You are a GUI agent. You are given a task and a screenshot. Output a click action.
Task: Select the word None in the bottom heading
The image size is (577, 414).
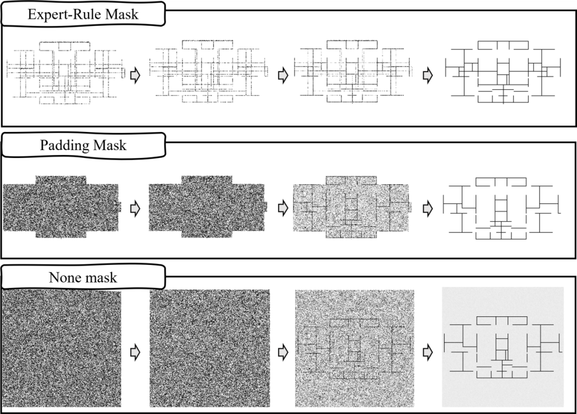[x=63, y=277]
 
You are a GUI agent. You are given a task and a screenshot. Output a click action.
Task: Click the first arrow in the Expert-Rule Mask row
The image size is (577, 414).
[x=135, y=75]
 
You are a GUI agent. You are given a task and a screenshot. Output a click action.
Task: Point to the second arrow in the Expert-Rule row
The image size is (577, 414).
[x=283, y=75]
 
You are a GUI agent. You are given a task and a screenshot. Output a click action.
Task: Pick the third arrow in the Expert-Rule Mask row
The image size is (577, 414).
[x=427, y=75]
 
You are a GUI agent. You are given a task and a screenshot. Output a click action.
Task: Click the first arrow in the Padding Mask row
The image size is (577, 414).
[x=135, y=209]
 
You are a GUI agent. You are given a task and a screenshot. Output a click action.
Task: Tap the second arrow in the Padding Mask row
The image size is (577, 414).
[x=283, y=209]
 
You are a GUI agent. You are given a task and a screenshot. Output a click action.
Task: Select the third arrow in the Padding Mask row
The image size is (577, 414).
[x=427, y=209]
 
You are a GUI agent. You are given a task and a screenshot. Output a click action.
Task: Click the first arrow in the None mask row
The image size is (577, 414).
[x=135, y=353]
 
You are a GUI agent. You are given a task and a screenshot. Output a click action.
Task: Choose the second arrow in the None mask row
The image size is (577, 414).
[x=283, y=353]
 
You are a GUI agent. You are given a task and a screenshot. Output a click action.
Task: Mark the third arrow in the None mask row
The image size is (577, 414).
[x=427, y=353]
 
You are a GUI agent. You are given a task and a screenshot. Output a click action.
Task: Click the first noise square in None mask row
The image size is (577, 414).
[x=61, y=348]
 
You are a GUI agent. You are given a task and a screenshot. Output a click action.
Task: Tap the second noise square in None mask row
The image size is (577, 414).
[x=210, y=348]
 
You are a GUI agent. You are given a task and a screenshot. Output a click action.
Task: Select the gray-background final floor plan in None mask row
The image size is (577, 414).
[x=503, y=347]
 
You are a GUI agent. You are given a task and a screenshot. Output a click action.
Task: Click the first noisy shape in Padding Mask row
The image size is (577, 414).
[x=61, y=206]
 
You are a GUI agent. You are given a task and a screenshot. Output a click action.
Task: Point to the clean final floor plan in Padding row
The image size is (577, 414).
[x=502, y=209]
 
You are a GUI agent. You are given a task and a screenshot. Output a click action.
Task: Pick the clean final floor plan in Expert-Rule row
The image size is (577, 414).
[x=503, y=72]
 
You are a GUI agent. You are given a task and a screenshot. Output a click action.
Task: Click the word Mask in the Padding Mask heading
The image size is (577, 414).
[x=110, y=145]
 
